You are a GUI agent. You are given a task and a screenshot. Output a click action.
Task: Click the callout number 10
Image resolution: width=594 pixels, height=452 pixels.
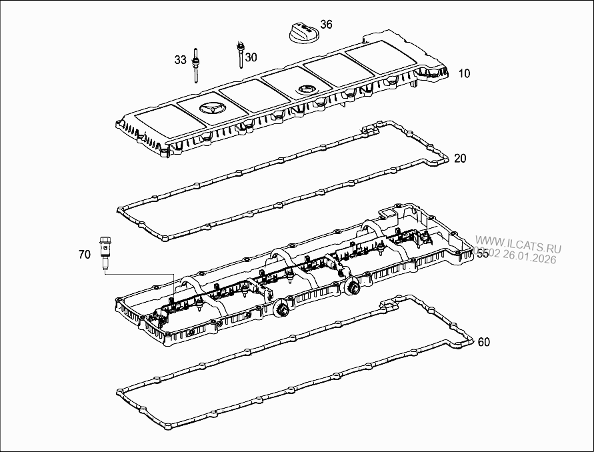[464, 73]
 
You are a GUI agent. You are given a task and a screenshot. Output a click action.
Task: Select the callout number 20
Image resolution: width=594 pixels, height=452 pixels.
[460, 158]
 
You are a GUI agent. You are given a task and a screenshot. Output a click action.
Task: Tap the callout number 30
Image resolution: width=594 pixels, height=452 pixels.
[251, 57]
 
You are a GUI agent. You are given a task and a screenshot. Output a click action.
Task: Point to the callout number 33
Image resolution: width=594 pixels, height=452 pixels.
[180, 60]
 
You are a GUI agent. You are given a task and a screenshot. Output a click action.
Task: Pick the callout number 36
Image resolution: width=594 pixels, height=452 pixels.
[325, 25]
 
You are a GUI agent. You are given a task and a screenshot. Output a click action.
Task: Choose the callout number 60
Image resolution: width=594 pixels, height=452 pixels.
[484, 342]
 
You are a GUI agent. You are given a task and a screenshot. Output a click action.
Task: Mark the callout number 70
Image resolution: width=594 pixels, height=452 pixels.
[84, 254]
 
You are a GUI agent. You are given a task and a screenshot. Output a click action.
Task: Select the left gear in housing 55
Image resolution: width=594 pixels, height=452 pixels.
[281, 309]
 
